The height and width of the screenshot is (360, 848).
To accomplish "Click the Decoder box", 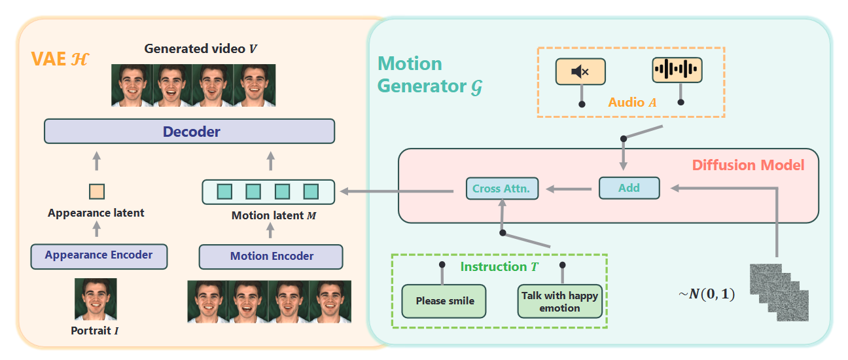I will click(189, 132).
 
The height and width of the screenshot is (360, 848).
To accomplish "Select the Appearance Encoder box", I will click(99, 255).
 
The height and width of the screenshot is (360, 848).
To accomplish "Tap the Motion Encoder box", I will click(271, 256).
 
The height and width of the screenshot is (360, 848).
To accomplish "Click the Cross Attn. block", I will click(502, 189).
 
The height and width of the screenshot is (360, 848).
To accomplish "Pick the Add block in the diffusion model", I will click(629, 188).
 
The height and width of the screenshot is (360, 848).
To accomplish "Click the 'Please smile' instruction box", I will click(444, 301).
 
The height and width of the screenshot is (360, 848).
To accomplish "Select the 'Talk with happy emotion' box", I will click(559, 301).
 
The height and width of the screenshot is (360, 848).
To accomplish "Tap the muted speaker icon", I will click(580, 71).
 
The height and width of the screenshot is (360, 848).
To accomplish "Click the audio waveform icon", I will click(677, 70).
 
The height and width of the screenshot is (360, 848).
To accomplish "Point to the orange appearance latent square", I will click(96, 191).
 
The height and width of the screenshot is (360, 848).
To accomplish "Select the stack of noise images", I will click(779, 291).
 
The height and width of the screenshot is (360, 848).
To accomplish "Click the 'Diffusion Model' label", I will click(748, 165).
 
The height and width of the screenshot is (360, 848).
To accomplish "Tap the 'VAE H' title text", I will click(60, 60).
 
